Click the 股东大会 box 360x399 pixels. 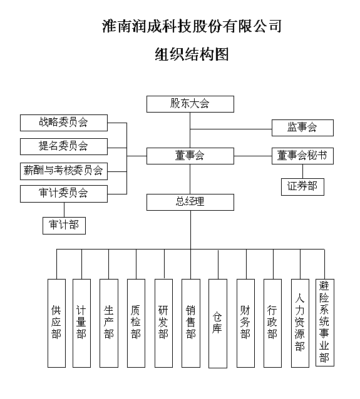click(x=190, y=104)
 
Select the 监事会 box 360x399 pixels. click(x=302, y=128)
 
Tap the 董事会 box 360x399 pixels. click(x=190, y=156)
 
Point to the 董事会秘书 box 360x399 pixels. click(x=302, y=156)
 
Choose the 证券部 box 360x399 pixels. click(x=302, y=186)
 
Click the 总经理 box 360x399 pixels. click(x=190, y=202)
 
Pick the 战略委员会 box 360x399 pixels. click(x=63, y=123)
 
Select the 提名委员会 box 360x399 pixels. click(x=63, y=146)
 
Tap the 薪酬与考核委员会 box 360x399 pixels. click(x=63, y=170)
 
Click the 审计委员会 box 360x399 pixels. click(x=63, y=193)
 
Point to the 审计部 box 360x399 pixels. click(x=64, y=225)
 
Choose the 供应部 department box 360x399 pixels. click(x=56, y=322)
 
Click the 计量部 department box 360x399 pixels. click(x=81, y=322)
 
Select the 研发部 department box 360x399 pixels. click(x=163, y=322)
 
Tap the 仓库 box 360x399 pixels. click(x=217, y=322)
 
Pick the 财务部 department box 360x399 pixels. click(x=245, y=322)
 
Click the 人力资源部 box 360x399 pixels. click(x=300, y=322)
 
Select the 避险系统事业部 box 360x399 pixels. click(x=324, y=322)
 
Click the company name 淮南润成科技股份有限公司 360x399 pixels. click(x=190, y=26)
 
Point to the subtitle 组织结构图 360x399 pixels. click(x=191, y=54)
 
